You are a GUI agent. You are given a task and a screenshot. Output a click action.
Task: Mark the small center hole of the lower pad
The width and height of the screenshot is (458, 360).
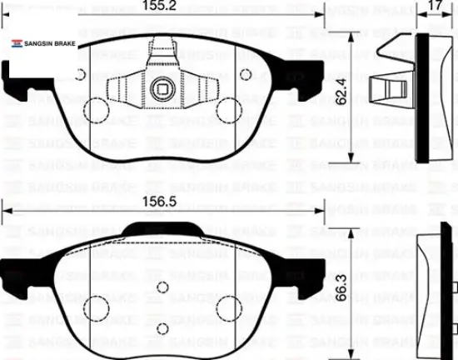[x=163, y=291]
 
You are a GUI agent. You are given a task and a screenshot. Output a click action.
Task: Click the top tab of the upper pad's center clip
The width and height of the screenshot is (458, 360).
[x=163, y=47]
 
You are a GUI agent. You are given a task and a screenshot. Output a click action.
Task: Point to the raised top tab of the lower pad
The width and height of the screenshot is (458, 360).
[x=163, y=232]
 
